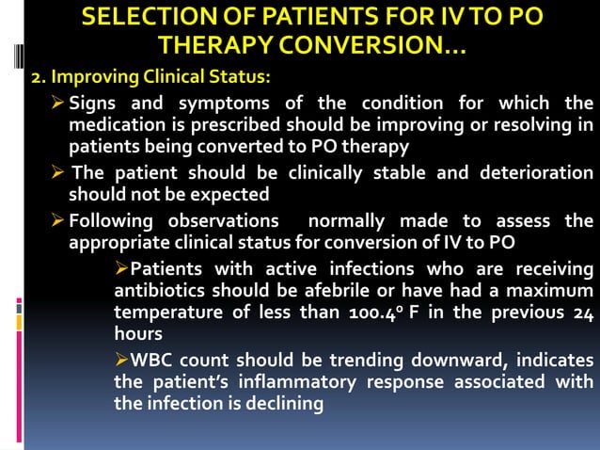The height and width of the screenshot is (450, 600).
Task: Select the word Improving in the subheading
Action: [x=87, y=75]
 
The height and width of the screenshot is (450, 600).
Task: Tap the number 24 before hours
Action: [x=582, y=313]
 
